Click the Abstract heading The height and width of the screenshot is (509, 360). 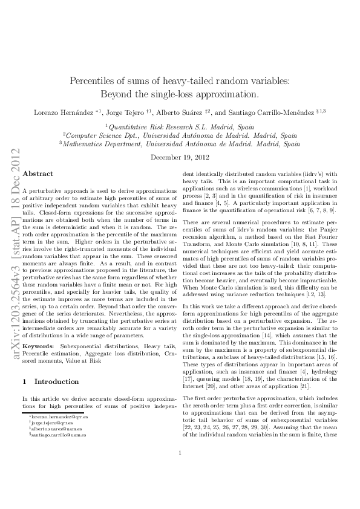[38, 173]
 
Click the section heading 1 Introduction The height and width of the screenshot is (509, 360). [50, 381]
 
